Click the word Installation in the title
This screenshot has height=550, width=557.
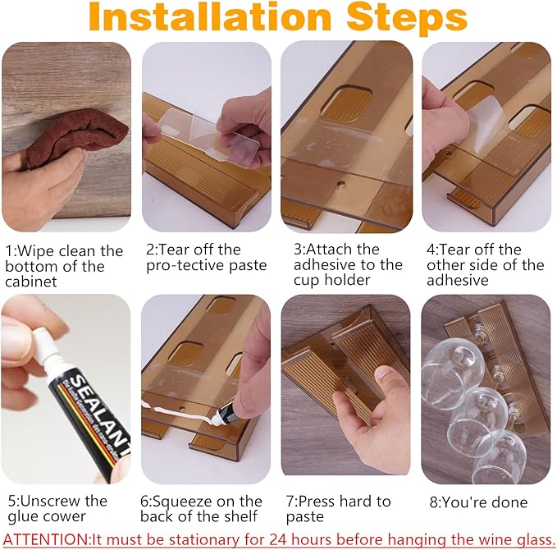click(x=209, y=16)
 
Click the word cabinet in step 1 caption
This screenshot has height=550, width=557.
click(x=31, y=282)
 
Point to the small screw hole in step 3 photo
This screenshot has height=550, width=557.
click(x=341, y=184)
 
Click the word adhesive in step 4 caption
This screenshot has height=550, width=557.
click(x=458, y=280)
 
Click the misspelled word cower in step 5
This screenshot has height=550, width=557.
click(x=68, y=516)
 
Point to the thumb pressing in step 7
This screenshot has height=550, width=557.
click(x=386, y=378)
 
